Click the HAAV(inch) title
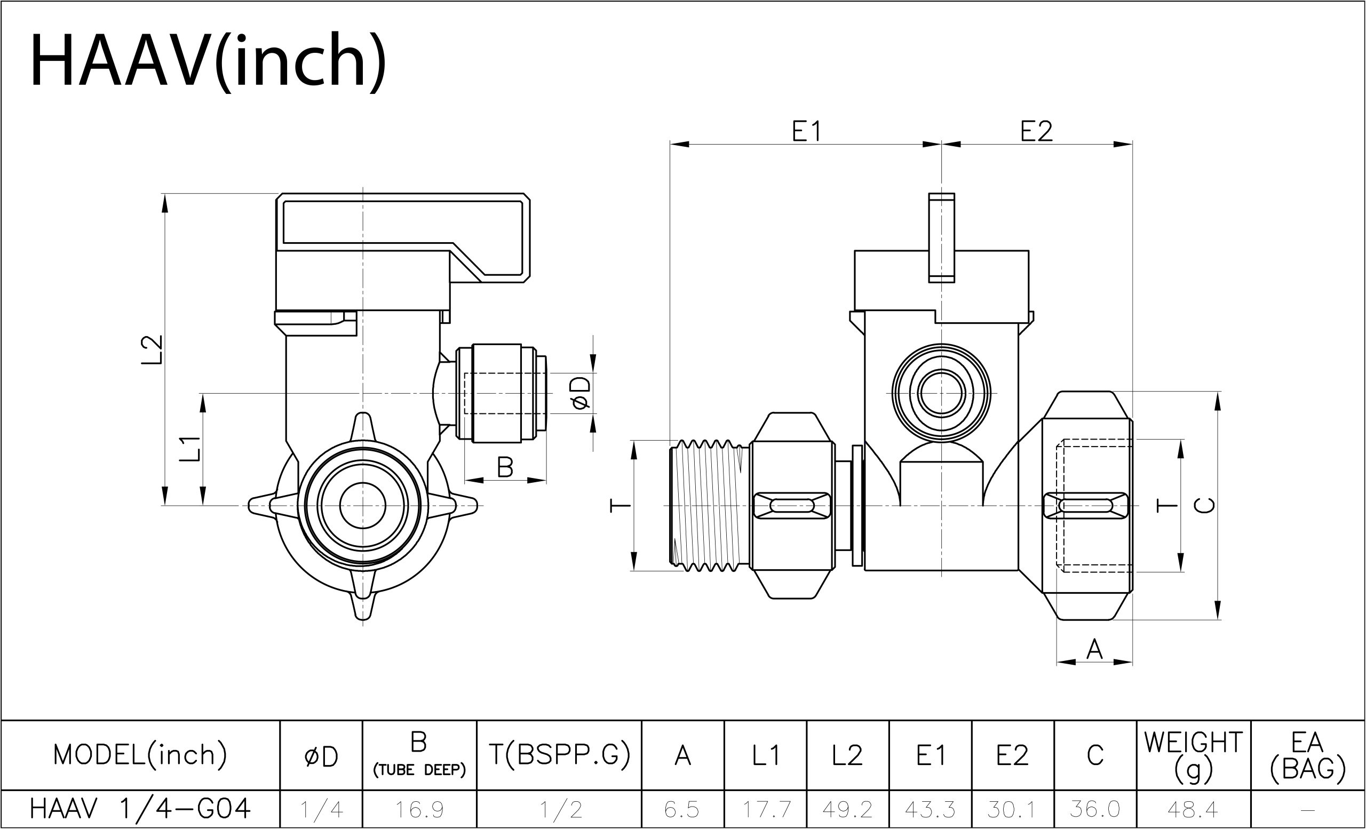pos(209,61)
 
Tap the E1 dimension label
pos(806,132)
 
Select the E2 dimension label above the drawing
pos(1036,132)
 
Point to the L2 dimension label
pos(152,349)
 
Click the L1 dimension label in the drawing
pos(189,449)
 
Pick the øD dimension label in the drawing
pos(581,394)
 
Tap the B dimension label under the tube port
pos(505,467)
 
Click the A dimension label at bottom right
pos(1094,649)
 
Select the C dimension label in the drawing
pos(1205,505)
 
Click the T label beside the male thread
pos(621,505)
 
